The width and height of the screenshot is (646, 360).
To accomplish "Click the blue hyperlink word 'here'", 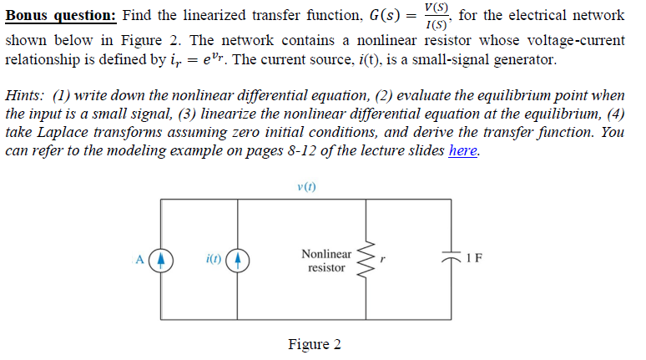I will click(x=463, y=151).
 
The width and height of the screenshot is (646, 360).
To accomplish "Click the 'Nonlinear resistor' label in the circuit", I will click(x=326, y=261).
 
